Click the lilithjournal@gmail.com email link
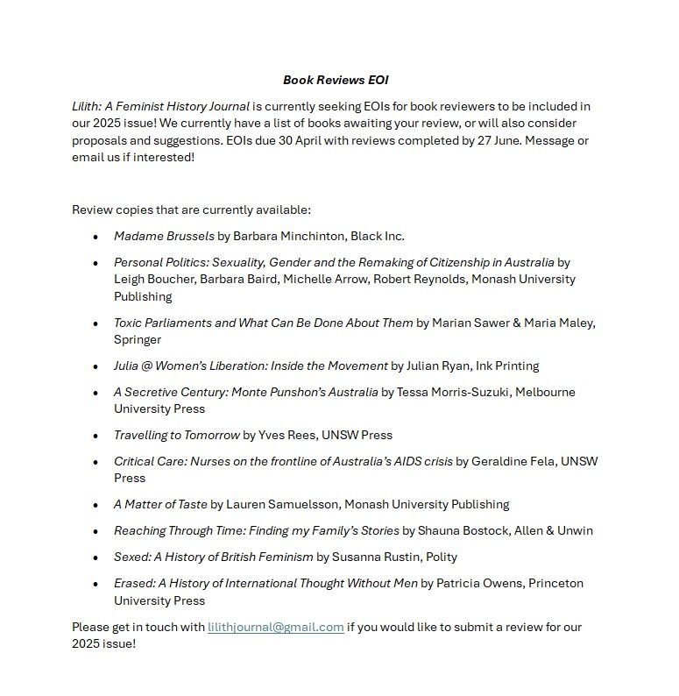(275, 627)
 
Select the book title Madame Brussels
(164, 236)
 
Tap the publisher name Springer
(138, 339)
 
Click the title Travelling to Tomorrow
(176, 435)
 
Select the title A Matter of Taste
(160, 504)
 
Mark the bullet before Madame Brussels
(95, 237)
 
